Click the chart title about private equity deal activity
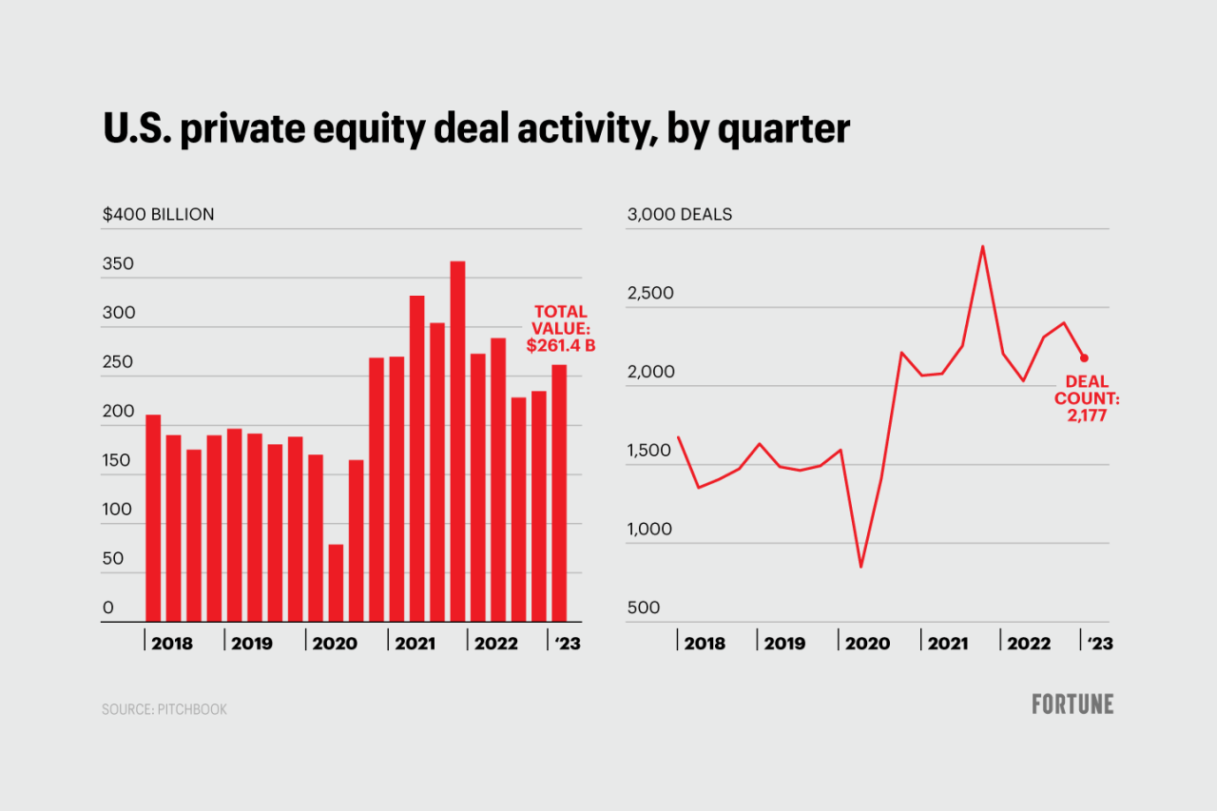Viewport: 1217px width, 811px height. click(476, 129)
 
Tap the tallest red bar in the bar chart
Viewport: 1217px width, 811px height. click(457, 441)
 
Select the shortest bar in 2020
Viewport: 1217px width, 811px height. click(336, 583)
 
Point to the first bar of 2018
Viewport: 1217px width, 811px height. click(153, 518)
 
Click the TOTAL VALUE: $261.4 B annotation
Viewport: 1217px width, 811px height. click(561, 329)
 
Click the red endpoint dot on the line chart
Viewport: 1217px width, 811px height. click(1084, 358)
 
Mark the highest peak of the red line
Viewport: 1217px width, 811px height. click(982, 247)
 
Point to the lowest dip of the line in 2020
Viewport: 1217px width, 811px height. click(860, 567)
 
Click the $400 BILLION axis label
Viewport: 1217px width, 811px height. click(159, 215)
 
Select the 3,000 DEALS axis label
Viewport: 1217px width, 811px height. click(680, 215)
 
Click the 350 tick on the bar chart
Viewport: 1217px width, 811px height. click(119, 264)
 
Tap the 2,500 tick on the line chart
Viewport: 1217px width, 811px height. click(650, 293)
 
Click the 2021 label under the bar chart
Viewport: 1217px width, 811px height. click(415, 644)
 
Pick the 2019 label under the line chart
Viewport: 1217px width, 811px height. click(784, 644)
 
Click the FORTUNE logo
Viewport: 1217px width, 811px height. click(1072, 705)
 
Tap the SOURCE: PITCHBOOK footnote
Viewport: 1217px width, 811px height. click(164, 709)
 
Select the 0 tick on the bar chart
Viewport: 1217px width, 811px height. click(108, 608)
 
